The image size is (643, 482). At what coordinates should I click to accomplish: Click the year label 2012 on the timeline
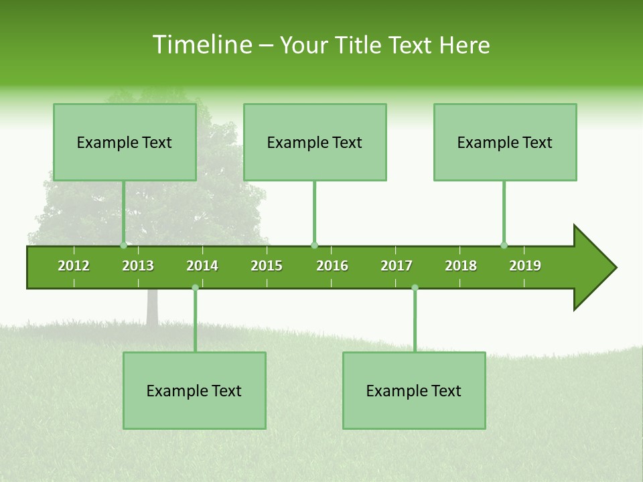74,266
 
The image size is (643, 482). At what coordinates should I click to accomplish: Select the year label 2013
138,266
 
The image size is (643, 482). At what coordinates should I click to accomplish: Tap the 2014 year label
202,266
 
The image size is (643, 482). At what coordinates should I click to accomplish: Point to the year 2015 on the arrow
267,266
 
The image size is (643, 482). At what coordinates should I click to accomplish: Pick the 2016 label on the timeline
332,266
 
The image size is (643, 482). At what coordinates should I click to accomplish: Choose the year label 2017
397,266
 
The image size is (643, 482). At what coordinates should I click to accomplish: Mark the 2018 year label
461,266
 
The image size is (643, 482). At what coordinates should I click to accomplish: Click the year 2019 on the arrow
525,266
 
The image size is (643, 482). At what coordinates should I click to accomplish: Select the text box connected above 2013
125,142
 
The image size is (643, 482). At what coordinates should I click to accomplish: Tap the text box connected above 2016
315,142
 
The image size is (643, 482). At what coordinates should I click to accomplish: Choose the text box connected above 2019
505,142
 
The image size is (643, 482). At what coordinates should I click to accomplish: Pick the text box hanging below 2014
194,390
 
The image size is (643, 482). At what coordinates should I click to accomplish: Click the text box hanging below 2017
414,390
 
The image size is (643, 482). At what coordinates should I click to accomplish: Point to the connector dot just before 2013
123,245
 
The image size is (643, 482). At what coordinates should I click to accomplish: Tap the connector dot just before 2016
314,245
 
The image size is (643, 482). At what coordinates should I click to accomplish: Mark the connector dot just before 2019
504,245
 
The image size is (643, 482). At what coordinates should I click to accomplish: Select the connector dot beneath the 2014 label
195,288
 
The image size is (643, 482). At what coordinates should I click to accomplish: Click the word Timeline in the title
202,45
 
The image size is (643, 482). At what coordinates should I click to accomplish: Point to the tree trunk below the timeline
152,308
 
